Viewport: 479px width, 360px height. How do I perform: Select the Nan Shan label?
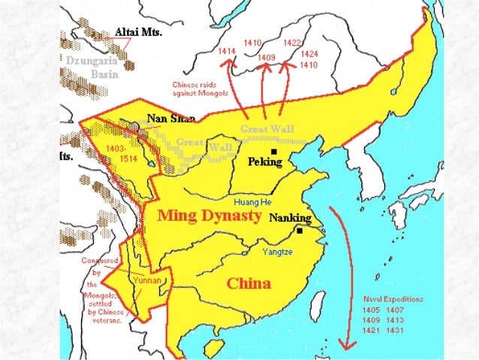pos(166,118)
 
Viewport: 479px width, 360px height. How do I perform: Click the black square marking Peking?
pos(275,152)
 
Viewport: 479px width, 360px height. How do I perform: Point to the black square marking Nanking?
pos(300,231)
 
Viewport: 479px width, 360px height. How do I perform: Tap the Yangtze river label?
pos(277,253)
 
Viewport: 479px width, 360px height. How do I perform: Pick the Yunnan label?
pos(147,280)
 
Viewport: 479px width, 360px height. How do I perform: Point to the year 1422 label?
pos(293,43)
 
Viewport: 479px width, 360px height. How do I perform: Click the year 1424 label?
pos(309,54)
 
